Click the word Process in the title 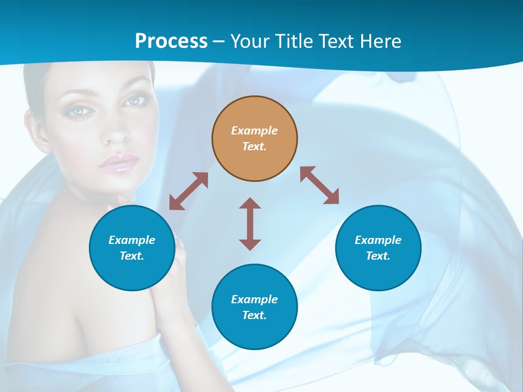[x=171, y=41]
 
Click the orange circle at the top [x=254, y=139]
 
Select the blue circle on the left [x=132, y=248]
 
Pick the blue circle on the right [x=378, y=248]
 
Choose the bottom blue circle [x=254, y=307]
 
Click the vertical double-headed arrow [x=250, y=224]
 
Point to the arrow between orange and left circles [x=188, y=191]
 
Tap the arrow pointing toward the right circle [x=320, y=185]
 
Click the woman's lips [x=118, y=162]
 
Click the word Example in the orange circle [x=254, y=131]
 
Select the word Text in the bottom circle [x=254, y=315]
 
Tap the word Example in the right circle [x=378, y=240]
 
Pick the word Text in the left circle [x=131, y=256]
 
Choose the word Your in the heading [x=251, y=41]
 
